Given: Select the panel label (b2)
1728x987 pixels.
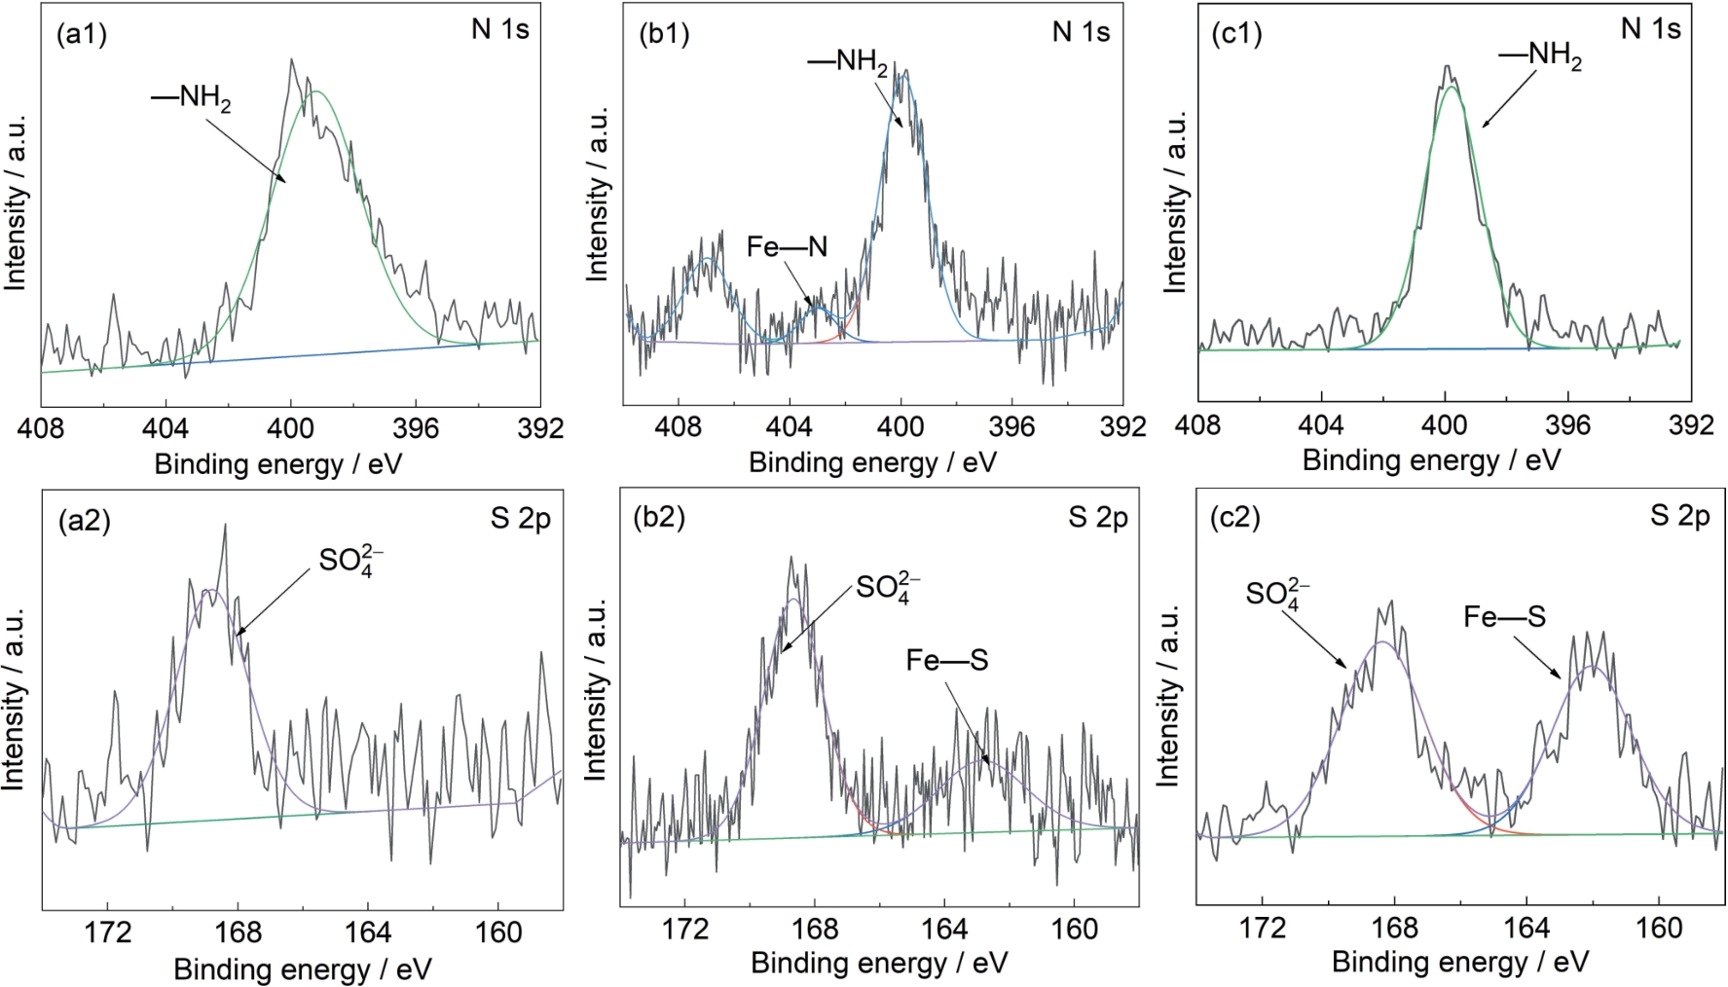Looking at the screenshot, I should coord(659,517).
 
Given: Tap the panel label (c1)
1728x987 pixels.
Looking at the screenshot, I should coord(1236,33).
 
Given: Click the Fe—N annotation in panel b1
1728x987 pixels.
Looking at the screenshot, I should coord(787,247).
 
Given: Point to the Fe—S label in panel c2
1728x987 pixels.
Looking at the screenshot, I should coord(1504,616).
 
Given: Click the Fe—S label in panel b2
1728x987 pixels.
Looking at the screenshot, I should coord(946,661).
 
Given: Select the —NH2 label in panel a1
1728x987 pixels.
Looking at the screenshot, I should coord(191,98).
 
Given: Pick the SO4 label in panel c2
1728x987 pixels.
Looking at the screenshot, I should coord(1277,594).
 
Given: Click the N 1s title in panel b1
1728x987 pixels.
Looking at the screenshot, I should coord(1081,32).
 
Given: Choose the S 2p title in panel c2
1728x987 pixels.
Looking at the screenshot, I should coord(1679,516).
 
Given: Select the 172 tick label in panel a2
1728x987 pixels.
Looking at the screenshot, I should coord(108,932).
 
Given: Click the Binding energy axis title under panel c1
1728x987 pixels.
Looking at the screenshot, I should coord(1431,459).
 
